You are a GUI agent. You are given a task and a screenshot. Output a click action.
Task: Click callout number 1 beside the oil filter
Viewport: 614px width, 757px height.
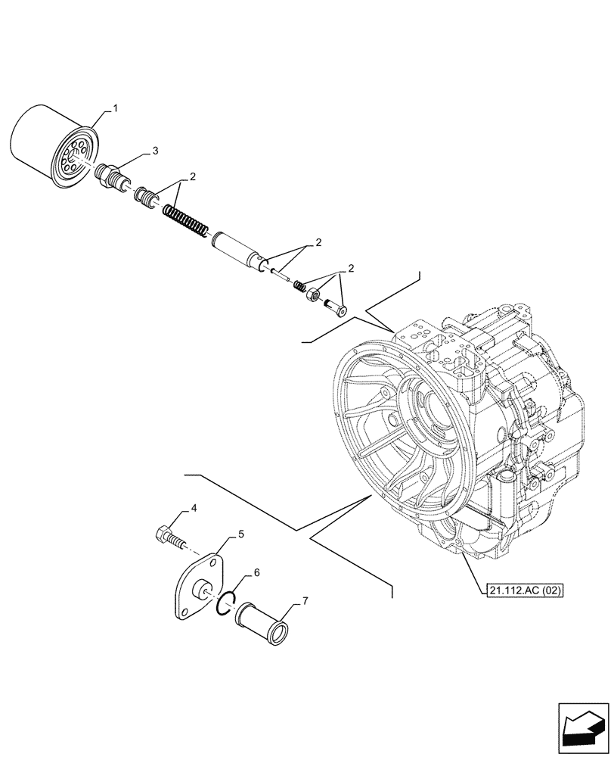click(x=116, y=110)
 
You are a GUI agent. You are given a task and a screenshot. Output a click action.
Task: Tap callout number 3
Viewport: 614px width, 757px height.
click(x=155, y=151)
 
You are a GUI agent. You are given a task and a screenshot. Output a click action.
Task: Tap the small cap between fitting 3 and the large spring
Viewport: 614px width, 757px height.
click(x=145, y=199)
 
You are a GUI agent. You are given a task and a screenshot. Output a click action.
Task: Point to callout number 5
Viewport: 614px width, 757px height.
click(x=240, y=534)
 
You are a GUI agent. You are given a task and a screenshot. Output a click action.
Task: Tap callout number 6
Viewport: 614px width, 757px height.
click(x=257, y=572)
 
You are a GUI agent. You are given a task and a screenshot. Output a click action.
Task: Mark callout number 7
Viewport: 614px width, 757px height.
click(x=305, y=601)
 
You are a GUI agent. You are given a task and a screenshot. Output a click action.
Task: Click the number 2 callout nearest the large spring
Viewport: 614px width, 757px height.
click(x=193, y=177)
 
